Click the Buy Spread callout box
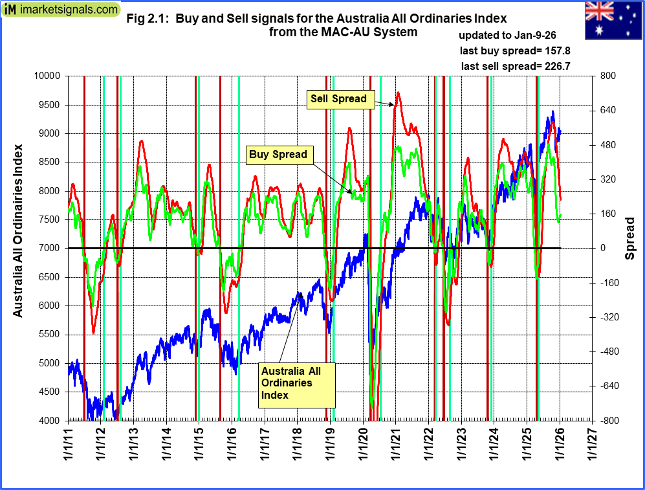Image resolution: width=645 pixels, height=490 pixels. (278, 155)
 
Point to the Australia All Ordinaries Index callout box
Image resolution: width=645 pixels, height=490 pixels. (297, 383)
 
